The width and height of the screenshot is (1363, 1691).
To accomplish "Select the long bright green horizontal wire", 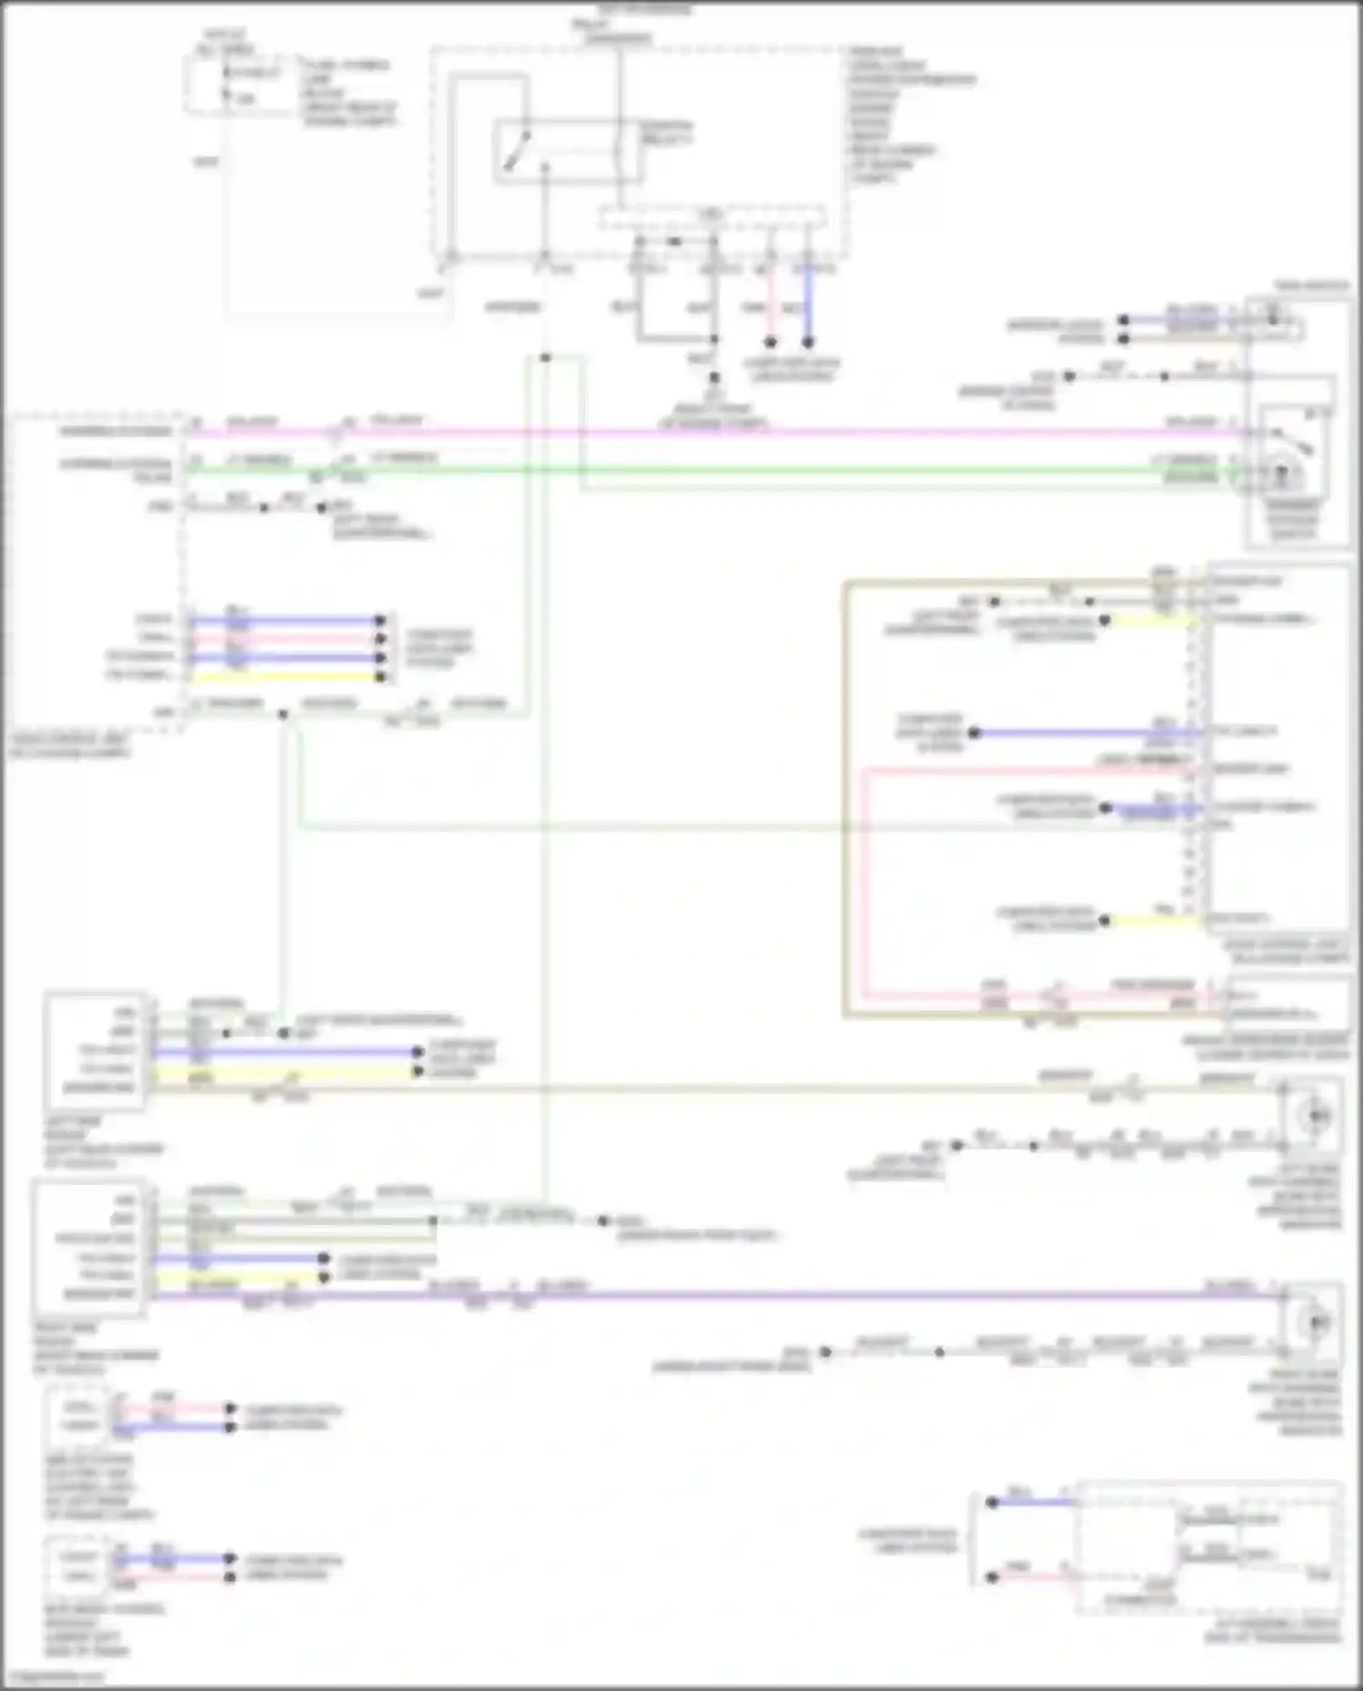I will (x=727, y=470).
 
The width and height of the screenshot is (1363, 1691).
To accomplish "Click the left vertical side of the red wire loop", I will (x=863, y=881).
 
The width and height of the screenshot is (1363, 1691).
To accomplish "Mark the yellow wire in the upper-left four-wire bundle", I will (x=282, y=676).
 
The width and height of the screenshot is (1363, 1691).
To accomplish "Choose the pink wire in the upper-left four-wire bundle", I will (x=282, y=639).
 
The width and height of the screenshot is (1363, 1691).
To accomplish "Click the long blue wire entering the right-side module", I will (x=1081, y=732).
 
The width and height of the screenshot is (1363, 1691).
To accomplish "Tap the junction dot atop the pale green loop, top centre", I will (x=545, y=358).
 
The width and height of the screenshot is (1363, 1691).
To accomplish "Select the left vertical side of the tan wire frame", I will (x=845, y=800).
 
